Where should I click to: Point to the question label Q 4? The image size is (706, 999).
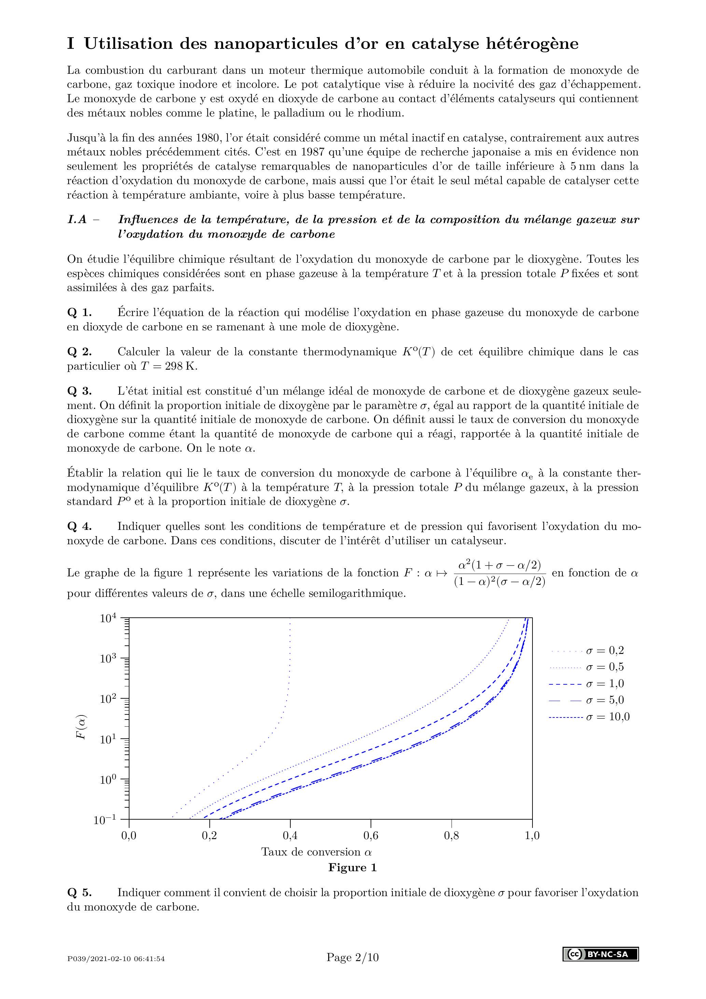[80, 526]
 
